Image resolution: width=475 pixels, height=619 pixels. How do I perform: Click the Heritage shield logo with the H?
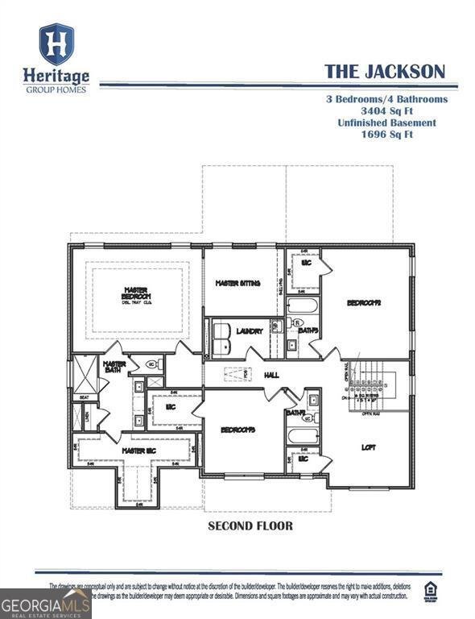pyautogui.click(x=56, y=44)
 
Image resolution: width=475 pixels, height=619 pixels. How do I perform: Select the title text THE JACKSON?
pyautogui.click(x=384, y=71)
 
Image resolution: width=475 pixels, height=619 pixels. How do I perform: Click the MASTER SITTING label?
pyautogui.click(x=240, y=284)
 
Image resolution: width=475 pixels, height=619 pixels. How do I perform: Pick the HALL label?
pyautogui.click(x=271, y=375)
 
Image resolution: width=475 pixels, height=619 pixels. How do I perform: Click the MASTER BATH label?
pyautogui.click(x=114, y=368)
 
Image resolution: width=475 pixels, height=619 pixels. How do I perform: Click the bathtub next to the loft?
pyautogui.click(x=304, y=436)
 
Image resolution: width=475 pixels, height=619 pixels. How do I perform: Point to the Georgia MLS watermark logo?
pyautogui.click(x=45, y=603)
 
